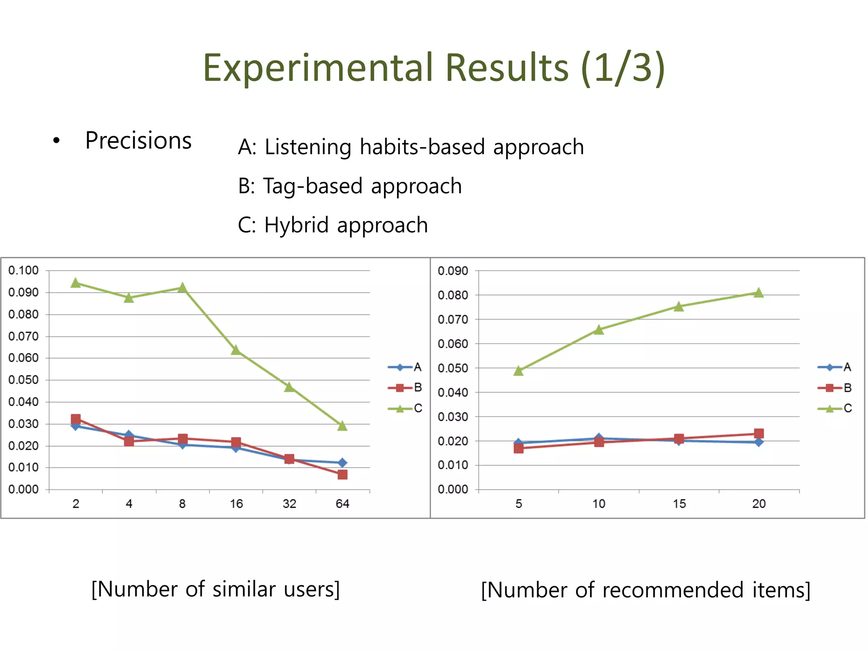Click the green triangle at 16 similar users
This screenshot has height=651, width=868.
tap(236, 351)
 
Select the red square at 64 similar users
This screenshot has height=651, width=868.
tap(342, 475)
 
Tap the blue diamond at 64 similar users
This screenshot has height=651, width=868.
tap(342, 463)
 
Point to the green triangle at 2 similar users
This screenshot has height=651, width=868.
tap(76, 283)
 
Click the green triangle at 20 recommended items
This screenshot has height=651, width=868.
tap(759, 293)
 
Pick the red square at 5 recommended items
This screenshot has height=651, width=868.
tap(519, 448)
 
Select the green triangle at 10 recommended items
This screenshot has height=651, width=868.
tap(598, 330)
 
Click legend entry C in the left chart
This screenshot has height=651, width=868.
tap(405, 409)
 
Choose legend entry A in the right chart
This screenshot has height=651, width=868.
tap(835, 367)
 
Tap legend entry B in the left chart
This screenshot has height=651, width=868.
tap(405, 388)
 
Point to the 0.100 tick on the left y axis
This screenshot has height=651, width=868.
tap(23, 270)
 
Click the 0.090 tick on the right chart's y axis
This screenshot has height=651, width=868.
tap(453, 271)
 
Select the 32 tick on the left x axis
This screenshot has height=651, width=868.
tap(289, 504)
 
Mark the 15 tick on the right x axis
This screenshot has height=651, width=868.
tap(679, 504)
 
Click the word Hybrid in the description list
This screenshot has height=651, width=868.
tap(296, 225)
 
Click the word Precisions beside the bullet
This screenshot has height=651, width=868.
tap(139, 141)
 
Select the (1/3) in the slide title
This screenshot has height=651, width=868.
tap(622, 68)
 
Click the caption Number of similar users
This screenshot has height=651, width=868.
tap(216, 590)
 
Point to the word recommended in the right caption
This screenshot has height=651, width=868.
tap(673, 590)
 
